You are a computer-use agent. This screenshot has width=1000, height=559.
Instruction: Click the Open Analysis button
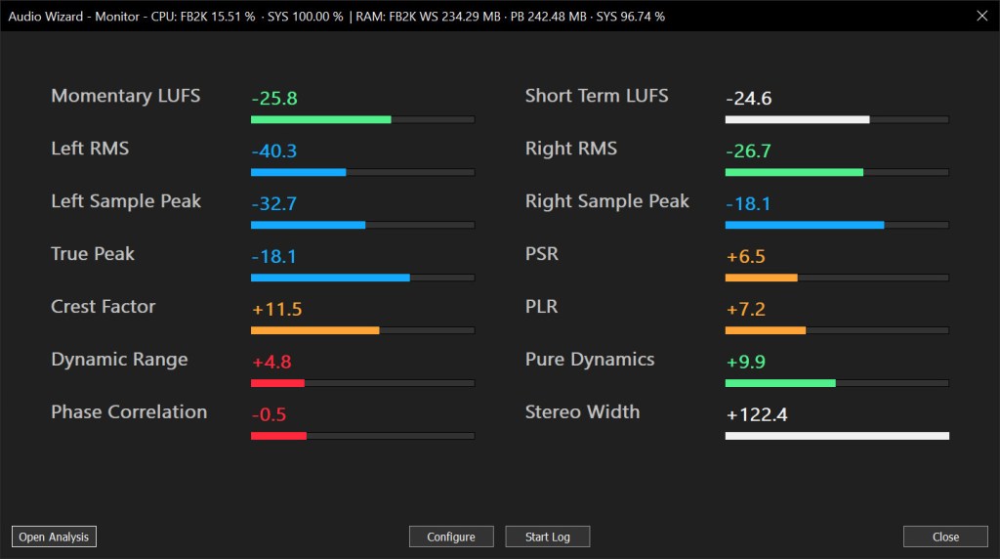(x=54, y=537)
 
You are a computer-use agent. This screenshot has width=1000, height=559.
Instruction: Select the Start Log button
(x=547, y=537)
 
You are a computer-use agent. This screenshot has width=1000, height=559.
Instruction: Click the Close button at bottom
(x=945, y=537)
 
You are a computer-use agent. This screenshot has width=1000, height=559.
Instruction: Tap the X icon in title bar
(x=981, y=16)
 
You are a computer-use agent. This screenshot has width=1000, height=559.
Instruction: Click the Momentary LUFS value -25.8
(x=274, y=99)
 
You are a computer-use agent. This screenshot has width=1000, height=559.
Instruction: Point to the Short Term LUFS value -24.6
(x=749, y=99)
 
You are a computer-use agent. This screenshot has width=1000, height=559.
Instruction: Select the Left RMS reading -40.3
(x=274, y=151)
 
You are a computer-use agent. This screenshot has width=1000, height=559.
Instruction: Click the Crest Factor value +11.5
(x=277, y=310)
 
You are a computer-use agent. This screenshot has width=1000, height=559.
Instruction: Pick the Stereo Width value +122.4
(x=757, y=415)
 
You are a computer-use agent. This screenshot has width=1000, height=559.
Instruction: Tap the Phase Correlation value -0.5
(x=270, y=415)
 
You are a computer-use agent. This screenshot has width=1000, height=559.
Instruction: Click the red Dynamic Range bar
(x=278, y=383)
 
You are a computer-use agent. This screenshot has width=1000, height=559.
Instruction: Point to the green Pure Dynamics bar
(x=780, y=383)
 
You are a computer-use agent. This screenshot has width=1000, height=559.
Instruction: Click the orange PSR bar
(x=762, y=278)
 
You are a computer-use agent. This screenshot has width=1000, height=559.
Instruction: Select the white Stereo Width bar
(x=837, y=436)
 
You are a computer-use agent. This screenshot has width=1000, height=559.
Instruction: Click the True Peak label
(x=93, y=254)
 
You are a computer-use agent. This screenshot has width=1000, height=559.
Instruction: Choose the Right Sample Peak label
(x=606, y=201)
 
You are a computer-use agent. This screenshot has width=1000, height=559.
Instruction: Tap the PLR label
(x=541, y=307)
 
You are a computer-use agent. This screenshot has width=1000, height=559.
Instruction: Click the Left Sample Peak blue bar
(x=308, y=225)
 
